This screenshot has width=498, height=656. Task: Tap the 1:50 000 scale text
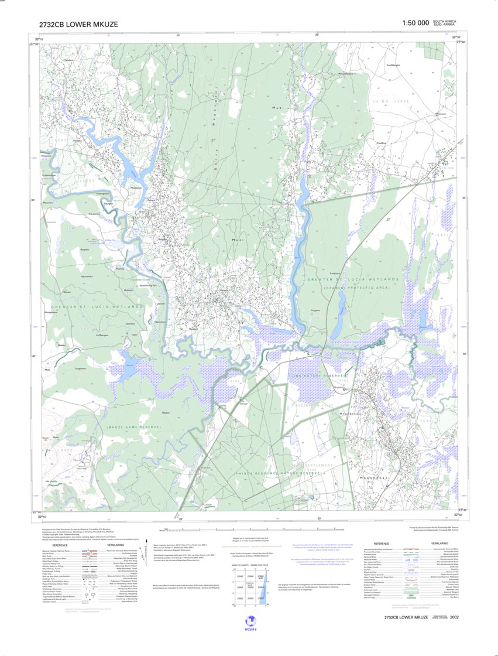(415, 23)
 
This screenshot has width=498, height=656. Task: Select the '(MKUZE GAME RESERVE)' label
(133, 428)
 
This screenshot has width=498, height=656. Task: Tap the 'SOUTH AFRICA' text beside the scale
(444, 21)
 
